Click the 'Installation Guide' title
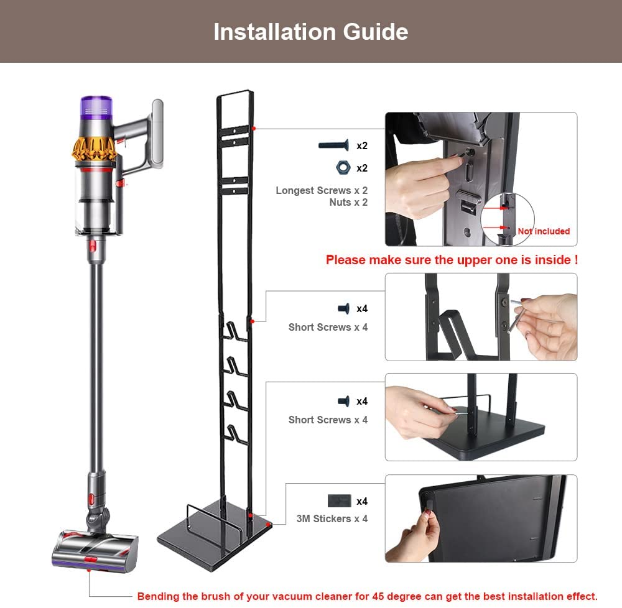click(310, 32)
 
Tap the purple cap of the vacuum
click(96, 106)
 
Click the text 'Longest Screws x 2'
click(322, 191)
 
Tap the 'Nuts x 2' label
click(348, 203)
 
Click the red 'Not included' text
click(544, 231)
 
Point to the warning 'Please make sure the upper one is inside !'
click(452, 260)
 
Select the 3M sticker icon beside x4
click(339, 501)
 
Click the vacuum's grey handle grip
click(157, 134)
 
